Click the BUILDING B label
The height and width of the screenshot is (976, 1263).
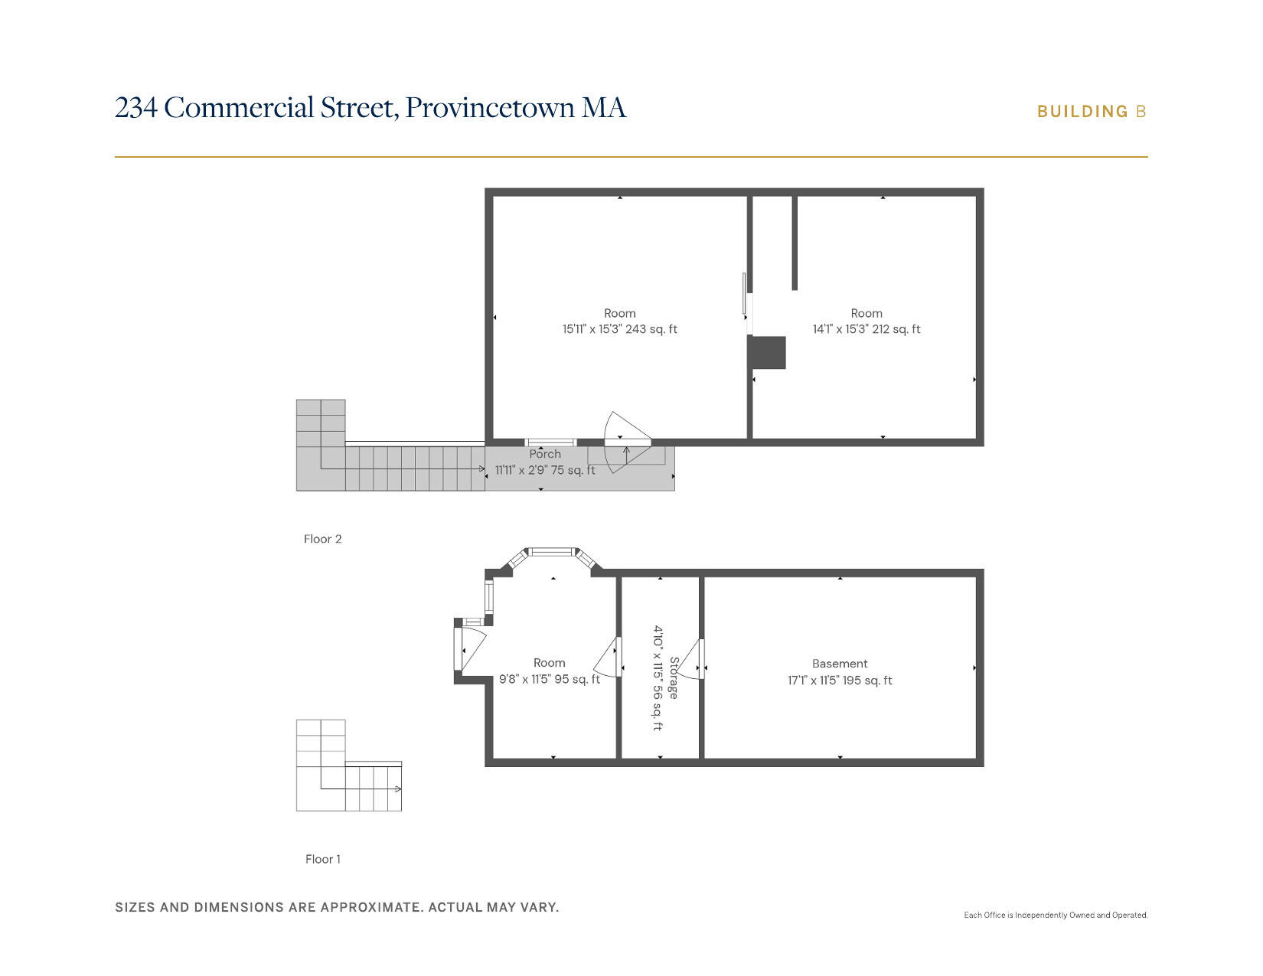(x=1091, y=112)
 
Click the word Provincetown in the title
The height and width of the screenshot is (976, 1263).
(x=490, y=108)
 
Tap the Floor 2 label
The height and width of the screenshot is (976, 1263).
(x=322, y=539)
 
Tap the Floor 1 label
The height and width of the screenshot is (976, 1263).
(x=322, y=859)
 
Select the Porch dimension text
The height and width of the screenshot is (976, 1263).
(x=544, y=470)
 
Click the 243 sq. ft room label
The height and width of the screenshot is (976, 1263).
(x=619, y=322)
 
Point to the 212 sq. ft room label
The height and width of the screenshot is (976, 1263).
(x=866, y=322)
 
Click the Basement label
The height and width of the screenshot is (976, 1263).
(x=840, y=664)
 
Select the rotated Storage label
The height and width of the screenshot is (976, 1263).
(x=674, y=677)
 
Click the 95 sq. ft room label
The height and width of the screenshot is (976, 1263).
(x=549, y=671)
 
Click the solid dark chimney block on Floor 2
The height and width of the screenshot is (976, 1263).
(x=768, y=352)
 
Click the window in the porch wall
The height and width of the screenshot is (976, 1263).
(x=550, y=442)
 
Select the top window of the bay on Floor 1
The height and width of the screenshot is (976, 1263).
(x=552, y=552)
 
